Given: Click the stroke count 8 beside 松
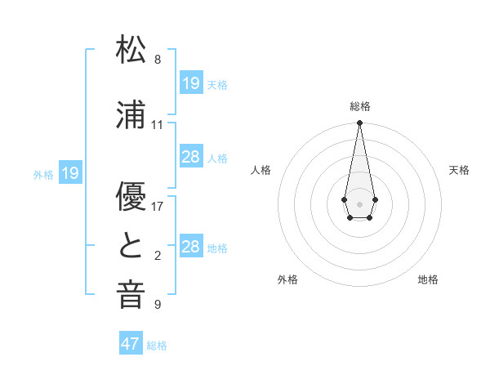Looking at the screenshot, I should point(158,60).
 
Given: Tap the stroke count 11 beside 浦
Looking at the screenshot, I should point(158,125).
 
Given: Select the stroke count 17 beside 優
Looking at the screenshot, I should point(158,207).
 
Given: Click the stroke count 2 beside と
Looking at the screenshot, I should point(158,256).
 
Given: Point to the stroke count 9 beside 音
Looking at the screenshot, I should point(158,305).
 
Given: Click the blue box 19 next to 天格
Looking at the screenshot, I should point(191,83).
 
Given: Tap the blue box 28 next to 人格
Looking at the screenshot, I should point(191,157).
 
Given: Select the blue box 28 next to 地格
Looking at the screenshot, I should point(191,247).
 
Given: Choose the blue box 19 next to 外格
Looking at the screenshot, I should point(70,173).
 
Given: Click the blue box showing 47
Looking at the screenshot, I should point(131,344).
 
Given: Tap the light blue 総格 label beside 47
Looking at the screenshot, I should point(157,346).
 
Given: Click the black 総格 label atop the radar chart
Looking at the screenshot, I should point(360,106).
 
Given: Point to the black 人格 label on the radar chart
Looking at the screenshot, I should point(261,170).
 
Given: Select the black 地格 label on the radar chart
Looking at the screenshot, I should point(428,279).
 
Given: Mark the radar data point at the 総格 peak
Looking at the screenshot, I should point(359,123).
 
